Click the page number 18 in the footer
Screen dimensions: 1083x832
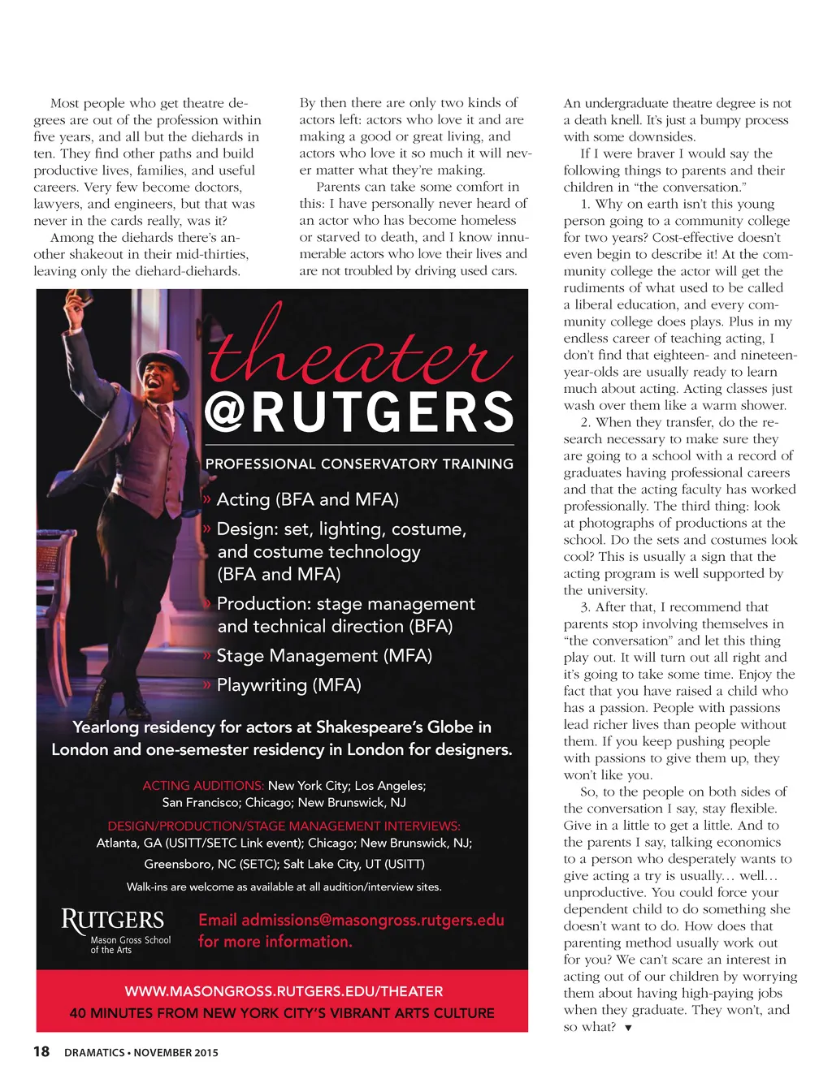[41, 1051]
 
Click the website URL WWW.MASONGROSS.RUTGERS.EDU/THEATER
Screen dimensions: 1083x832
[284, 991]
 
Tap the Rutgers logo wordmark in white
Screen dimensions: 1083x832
[113, 920]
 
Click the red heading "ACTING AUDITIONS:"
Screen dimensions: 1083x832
[203, 785]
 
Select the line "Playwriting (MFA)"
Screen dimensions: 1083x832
[288, 684]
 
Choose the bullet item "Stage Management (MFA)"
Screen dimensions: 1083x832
[323, 655]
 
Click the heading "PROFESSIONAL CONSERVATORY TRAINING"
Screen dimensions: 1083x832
[359, 464]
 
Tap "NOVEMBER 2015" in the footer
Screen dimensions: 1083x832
[175, 1053]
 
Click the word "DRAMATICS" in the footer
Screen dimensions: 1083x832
[94, 1053]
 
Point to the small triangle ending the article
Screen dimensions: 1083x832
[628, 1028]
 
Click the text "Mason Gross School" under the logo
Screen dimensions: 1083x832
[131, 940]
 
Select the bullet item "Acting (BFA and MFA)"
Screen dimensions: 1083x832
[307, 499]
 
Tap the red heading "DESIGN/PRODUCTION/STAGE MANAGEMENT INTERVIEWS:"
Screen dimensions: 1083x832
[284, 826]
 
